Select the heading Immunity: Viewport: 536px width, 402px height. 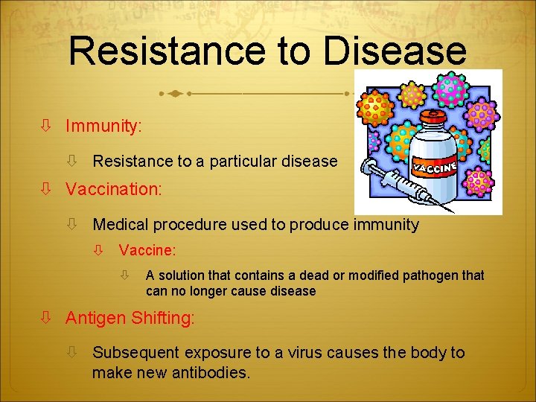(x=103, y=127)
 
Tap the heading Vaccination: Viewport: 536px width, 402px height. (x=113, y=189)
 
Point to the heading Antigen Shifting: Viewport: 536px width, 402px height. (x=130, y=318)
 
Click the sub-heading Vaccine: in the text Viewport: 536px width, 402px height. (x=147, y=251)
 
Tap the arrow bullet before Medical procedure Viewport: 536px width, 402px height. (x=72, y=224)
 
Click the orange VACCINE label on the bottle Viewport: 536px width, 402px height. (x=435, y=165)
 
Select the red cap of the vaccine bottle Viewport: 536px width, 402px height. (x=434, y=119)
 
